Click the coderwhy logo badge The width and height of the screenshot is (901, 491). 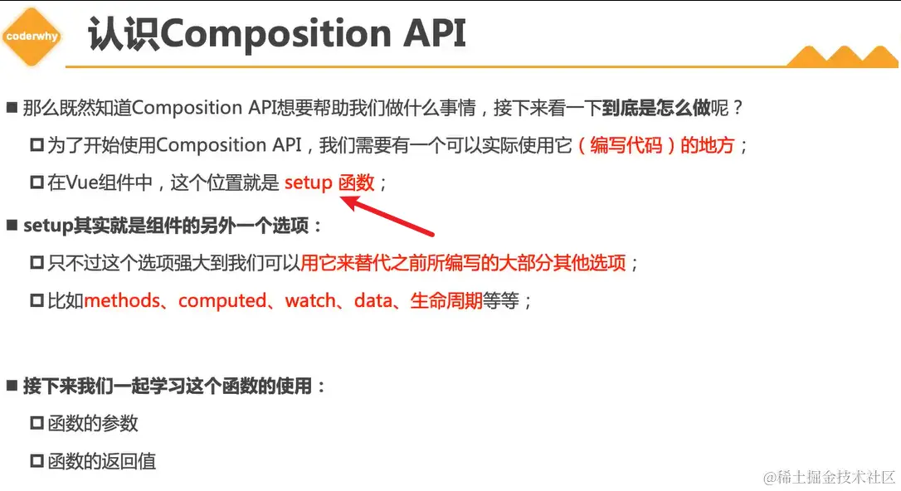(31, 36)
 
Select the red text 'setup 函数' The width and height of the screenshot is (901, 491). (329, 182)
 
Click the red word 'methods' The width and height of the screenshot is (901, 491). (122, 300)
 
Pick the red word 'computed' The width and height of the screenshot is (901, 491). (222, 300)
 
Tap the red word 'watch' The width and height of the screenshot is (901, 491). (310, 300)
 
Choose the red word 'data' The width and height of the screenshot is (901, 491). (372, 300)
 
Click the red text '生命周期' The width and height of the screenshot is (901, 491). (446, 300)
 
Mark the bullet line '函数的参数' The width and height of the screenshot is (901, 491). (92, 423)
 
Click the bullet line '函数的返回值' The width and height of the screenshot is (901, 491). (101, 461)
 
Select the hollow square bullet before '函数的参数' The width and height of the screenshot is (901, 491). (37, 423)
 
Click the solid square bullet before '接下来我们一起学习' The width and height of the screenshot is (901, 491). (12, 386)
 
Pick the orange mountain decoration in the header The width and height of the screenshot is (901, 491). (841, 55)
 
